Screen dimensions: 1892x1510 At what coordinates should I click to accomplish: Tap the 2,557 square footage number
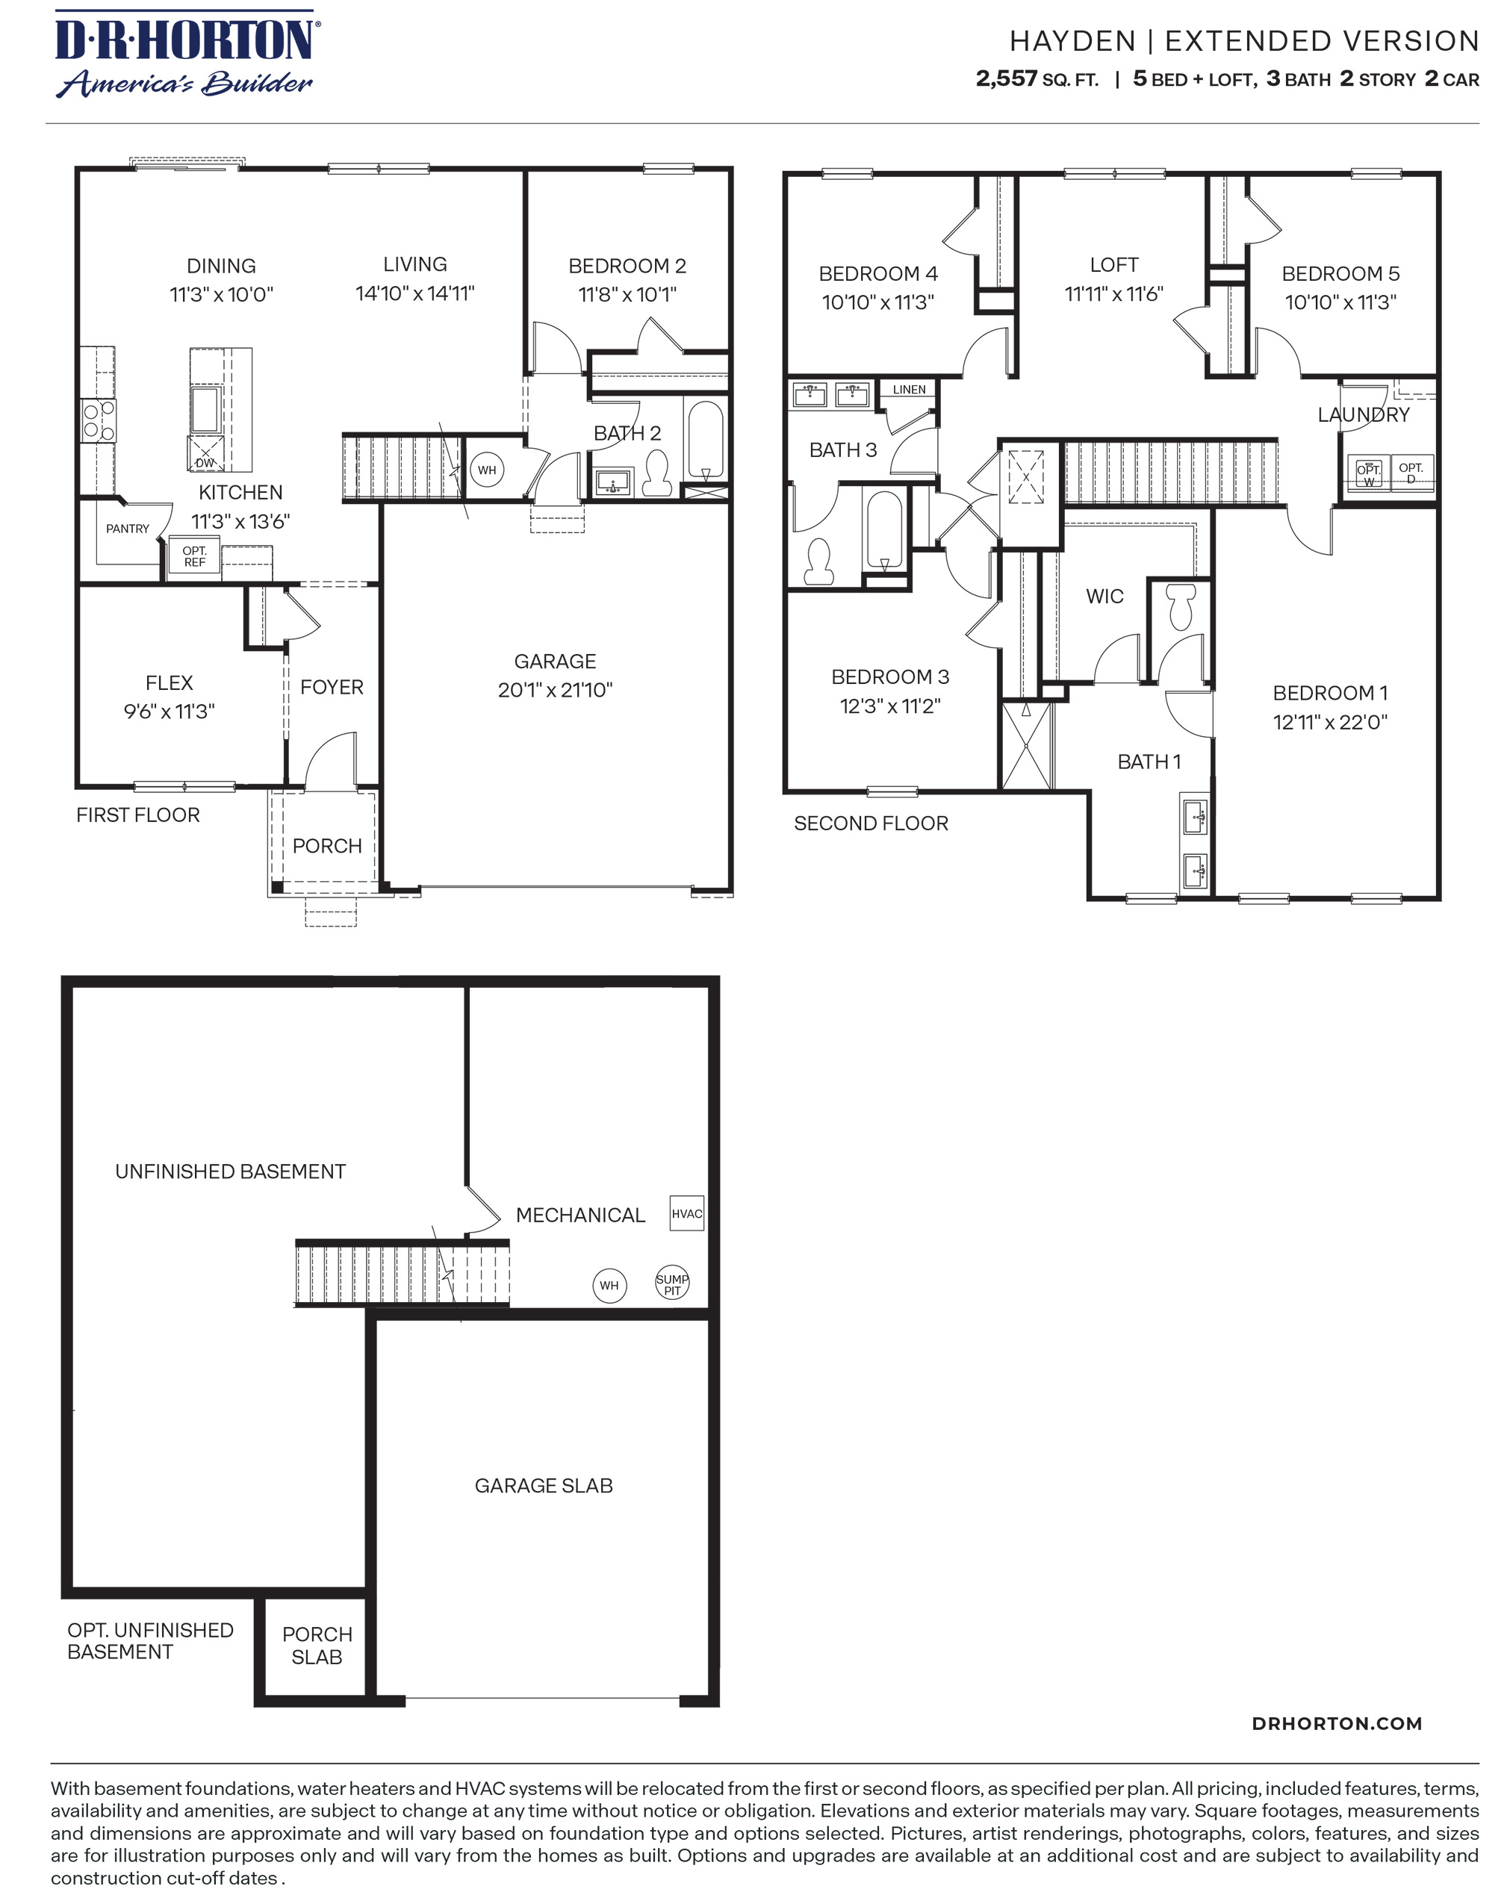[x=1005, y=79]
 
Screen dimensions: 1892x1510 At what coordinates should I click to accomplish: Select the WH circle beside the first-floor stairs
[x=486, y=470]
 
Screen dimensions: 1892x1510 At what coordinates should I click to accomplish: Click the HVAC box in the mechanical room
[x=686, y=1213]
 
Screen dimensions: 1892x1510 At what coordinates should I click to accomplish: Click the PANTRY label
[x=127, y=529]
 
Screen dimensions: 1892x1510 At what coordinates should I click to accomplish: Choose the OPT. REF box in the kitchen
[x=194, y=556]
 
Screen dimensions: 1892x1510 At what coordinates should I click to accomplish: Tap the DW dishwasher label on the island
[x=205, y=462]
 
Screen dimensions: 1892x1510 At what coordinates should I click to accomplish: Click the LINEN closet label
[x=909, y=390]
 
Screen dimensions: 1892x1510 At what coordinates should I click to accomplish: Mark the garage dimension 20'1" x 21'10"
[x=555, y=690]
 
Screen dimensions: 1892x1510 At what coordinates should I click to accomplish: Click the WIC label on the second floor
[x=1104, y=596]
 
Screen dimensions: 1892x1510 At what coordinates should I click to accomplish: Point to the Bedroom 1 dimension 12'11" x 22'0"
[x=1329, y=722]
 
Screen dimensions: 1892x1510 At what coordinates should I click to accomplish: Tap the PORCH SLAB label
[x=317, y=1646]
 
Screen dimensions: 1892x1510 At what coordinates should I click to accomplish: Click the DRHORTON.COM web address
[x=1336, y=1723]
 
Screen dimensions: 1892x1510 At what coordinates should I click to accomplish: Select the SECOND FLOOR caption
[x=870, y=823]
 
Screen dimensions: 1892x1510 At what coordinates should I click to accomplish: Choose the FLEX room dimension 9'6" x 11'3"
[x=169, y=711]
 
